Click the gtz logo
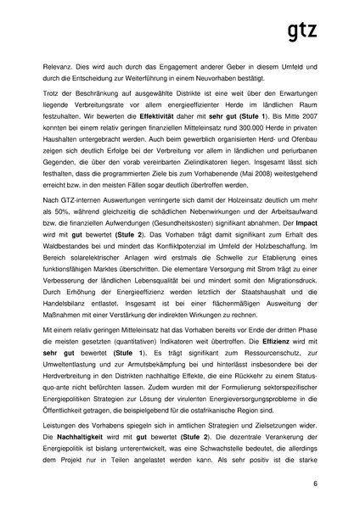click(301, 31)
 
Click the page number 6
click(315, 483)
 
